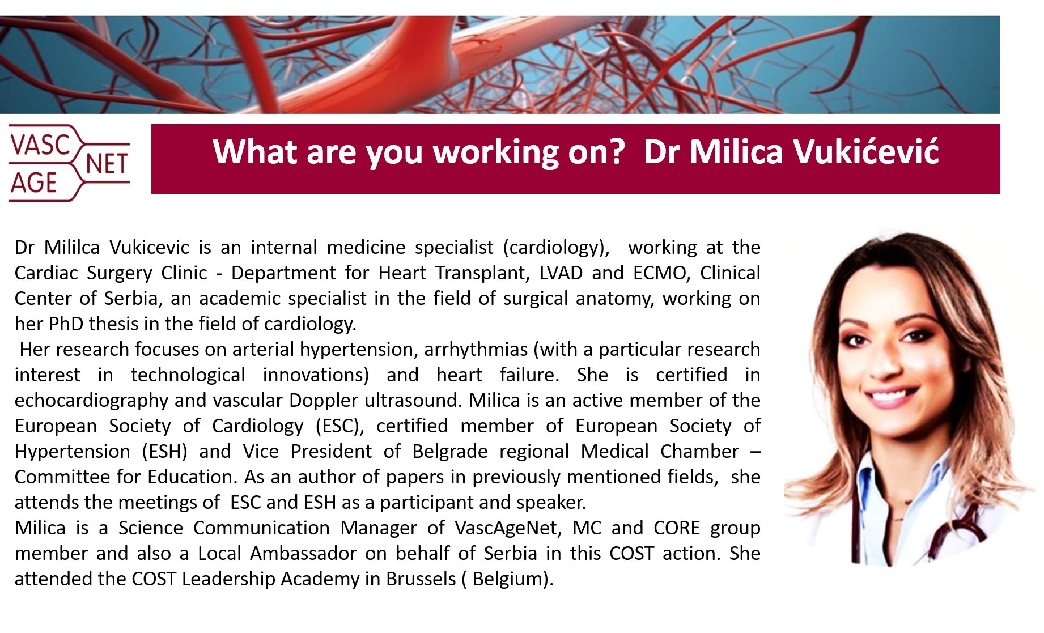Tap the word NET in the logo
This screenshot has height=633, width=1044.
click(107, 164)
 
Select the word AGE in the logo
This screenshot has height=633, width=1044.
click(34, 183)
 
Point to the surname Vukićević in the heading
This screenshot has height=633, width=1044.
click(865, 152)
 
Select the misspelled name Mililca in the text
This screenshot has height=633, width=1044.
click(72, 248)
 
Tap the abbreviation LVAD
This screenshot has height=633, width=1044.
click(561, 273)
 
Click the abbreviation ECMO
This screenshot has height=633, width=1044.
click(661, 273)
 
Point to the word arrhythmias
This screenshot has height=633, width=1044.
click(476, 350)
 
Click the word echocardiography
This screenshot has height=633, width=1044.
click(91, 401)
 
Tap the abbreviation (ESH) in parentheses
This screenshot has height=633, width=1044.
click(164, 452)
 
